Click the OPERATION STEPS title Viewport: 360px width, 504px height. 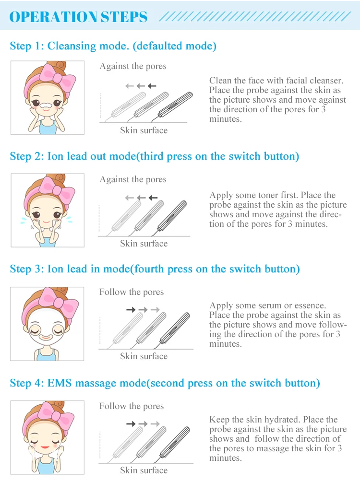click(79, 17)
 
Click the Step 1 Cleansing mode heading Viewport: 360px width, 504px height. click(113, 46)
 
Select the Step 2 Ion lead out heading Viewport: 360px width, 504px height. click(155, 156)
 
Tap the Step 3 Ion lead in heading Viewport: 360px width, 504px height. click(155, 269)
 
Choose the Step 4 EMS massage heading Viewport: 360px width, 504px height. click(165, 383)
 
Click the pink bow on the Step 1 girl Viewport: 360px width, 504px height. click(59, 78)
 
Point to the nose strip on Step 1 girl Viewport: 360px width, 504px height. click(46, 105)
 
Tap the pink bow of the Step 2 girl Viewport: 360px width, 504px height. click(58, 190)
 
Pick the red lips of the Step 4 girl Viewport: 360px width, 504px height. click(45, 447)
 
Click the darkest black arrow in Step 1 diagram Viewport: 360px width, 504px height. click(152, 86)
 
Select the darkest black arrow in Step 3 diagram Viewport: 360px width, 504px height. click(131, 309)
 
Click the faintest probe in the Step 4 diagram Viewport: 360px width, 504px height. click(127, 442)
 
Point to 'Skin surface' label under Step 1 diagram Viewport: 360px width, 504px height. click(144, 130)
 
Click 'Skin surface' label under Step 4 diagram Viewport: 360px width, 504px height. click(144, 470)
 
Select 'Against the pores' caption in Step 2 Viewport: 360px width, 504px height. click(133, 179)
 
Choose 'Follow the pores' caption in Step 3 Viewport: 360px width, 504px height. click(132, 292)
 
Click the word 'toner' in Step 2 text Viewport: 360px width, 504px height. click(272, 195)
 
